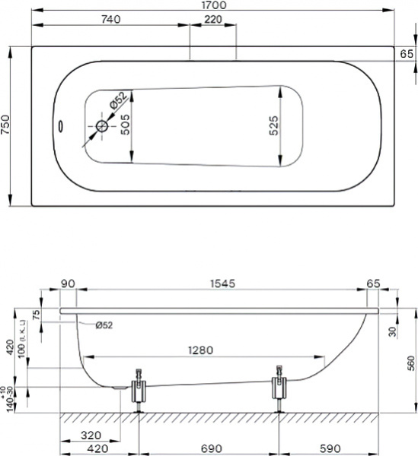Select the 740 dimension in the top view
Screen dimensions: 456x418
pos(113,19)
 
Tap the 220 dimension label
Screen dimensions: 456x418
pos(212,19)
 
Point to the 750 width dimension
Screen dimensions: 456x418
pos(6,125)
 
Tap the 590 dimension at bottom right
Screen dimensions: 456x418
pos(329,449)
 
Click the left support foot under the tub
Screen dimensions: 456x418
pos(139,389)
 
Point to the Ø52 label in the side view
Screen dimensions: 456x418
pos(104,325)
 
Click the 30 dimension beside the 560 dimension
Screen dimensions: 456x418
pos(391,331)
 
